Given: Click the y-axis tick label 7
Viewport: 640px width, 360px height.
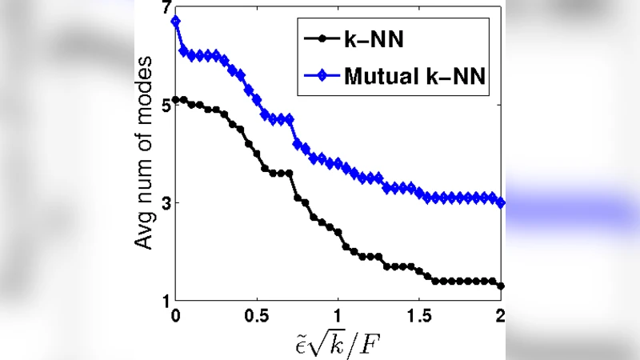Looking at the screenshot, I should pos(164,8).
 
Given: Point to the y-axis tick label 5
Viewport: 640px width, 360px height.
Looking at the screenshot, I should pos(164,105).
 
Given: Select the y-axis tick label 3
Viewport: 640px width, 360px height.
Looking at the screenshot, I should pos(164,203).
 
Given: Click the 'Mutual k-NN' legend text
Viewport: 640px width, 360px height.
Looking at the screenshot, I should pos(416,77).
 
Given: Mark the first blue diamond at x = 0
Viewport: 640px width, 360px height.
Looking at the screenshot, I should pos(175,21).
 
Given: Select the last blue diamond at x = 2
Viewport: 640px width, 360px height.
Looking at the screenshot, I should pos(501,202).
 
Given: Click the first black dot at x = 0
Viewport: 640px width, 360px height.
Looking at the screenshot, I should pos(175,100).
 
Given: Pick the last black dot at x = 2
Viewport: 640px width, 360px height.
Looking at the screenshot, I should pos(501,286).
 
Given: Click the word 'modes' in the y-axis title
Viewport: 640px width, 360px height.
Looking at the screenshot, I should pos(143,96).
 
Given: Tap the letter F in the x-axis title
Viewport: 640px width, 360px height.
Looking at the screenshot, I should pos(372,342).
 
